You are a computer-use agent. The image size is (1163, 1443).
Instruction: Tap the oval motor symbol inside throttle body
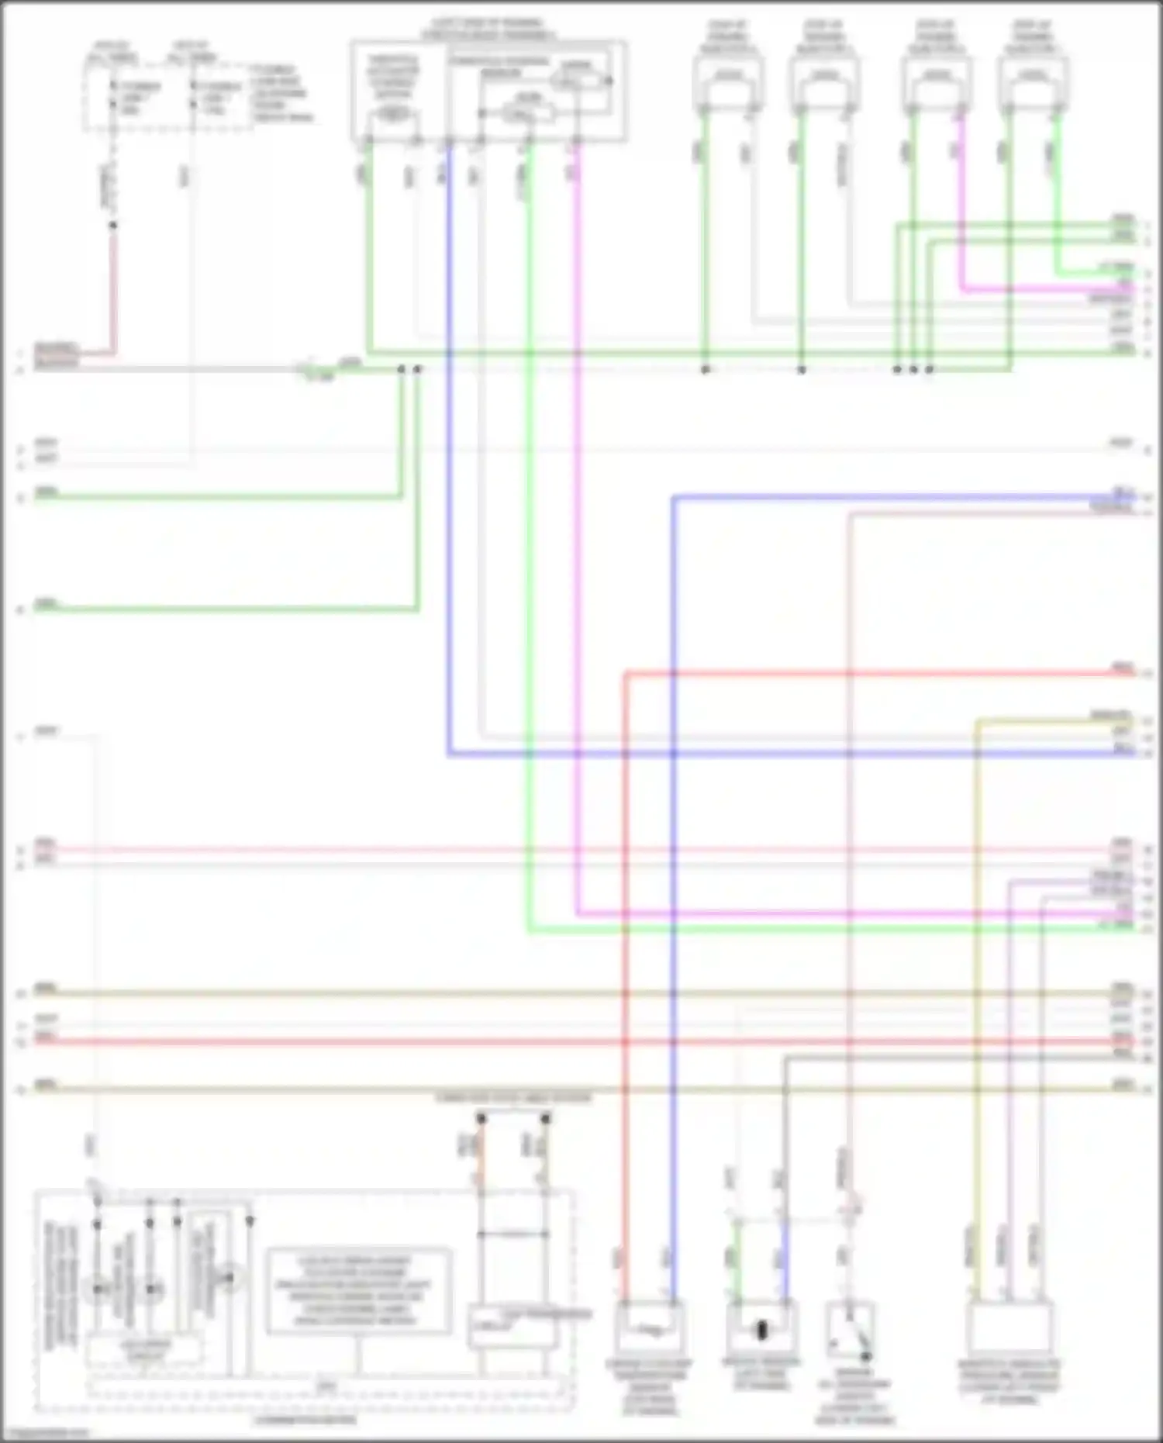[393, 115]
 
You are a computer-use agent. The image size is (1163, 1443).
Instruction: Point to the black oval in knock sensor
[761, 1331]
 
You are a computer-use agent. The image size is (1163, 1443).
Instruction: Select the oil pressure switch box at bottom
[851, 1331]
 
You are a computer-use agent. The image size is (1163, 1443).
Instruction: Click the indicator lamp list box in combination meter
[359, 1291]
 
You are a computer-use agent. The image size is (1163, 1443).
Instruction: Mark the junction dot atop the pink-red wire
[113, 226]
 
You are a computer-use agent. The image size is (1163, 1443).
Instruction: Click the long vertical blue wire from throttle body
[448, 465]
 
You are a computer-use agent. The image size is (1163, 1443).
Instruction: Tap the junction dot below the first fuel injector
[705, 370]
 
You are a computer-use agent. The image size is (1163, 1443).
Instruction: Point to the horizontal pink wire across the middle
[543, 850]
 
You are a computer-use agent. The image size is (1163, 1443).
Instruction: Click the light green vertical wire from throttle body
[529, 543]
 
